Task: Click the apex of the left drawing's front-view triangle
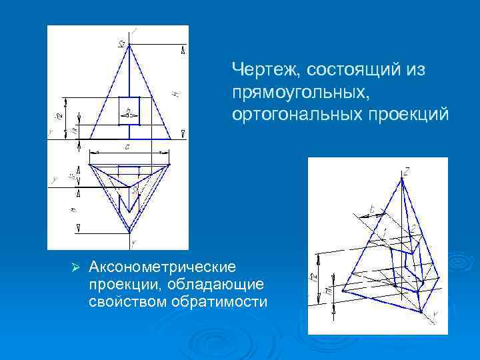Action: (129, 45)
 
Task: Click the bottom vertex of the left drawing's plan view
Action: (129, 231)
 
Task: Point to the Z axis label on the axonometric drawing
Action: (407, 171)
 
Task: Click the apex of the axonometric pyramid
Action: (403, 179)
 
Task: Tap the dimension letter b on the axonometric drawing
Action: (371, 209)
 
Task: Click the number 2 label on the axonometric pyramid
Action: (413, 229)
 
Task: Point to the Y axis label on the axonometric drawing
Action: (435, 314)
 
